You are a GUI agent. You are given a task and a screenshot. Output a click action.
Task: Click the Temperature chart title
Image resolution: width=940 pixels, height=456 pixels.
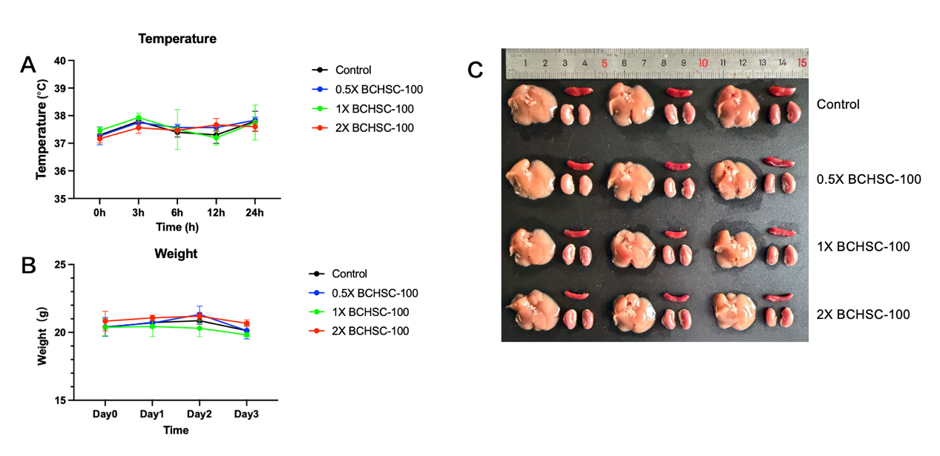(177, 39)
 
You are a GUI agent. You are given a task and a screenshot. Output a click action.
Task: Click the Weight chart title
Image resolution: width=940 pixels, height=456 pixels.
(176, 254)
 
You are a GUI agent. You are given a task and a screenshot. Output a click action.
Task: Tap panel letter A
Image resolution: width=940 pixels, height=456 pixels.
(28, 65)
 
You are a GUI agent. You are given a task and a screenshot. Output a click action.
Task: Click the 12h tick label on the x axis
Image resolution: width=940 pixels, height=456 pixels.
(216, 213)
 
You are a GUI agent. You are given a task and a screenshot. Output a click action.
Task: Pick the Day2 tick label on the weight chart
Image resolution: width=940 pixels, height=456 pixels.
(199, 414)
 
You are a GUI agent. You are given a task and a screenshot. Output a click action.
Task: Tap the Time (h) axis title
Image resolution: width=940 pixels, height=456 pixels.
(177, 225)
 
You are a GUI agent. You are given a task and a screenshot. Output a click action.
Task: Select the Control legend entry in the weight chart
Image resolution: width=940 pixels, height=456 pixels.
(350, 274)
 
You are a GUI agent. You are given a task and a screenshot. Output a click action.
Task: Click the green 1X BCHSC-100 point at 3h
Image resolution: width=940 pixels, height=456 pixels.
(138, 117)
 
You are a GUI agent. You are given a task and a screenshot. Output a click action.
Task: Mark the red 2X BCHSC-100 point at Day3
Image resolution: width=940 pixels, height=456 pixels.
(246, 323)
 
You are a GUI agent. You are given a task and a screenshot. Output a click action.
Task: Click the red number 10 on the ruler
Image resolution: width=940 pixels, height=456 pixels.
(703, 63)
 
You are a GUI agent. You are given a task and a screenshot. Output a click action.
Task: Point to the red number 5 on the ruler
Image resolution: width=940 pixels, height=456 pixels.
(604, 63)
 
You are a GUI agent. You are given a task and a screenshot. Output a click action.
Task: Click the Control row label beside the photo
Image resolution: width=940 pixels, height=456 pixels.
(838, 105)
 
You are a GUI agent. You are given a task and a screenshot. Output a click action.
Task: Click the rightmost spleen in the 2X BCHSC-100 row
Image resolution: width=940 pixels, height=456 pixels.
(779, 298)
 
